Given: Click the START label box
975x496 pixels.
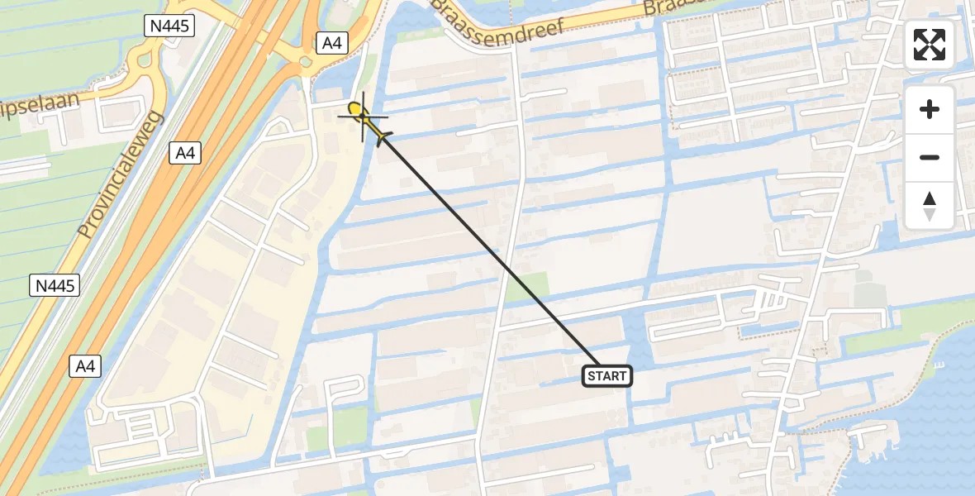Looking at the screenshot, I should (x=607, y=376).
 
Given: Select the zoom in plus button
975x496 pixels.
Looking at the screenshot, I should (x=930, y=109).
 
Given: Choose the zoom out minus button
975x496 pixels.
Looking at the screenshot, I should (x=930, y=157).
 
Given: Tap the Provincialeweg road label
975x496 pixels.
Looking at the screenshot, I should (x=122, y=175).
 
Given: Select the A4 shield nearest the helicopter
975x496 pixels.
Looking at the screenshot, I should (x=331, y=44).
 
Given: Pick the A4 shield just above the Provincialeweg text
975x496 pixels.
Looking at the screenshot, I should (x=186, y=152).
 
